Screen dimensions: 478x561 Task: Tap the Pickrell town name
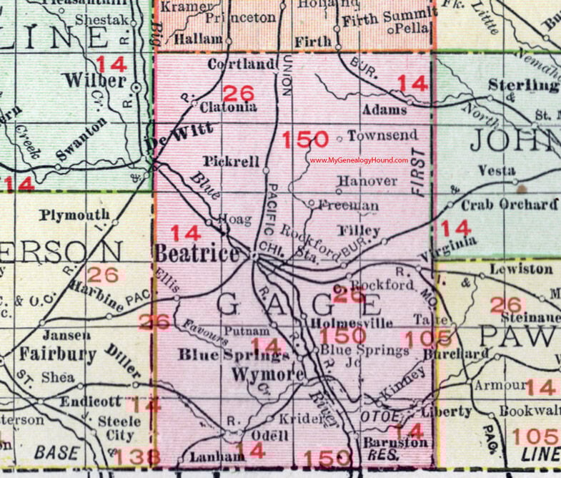(230, 162)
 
